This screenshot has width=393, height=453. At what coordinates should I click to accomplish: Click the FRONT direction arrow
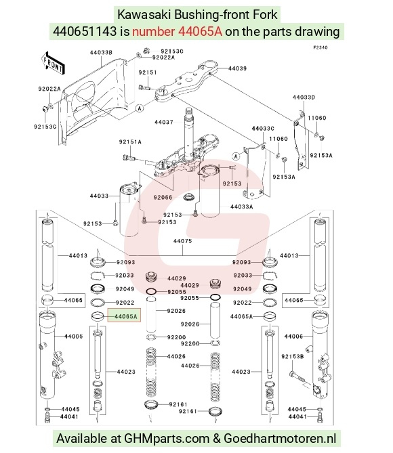coord(53,64)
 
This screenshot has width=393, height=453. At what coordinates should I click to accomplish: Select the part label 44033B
coord(101,53)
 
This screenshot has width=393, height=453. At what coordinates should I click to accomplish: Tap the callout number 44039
coord(237,68)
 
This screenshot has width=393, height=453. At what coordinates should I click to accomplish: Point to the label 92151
coord(148,72)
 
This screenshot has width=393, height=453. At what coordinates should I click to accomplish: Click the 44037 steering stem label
coord(164,122)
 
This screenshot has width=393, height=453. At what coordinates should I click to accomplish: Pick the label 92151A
coord(130,142)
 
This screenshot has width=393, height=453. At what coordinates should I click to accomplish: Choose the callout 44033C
coord(263,129)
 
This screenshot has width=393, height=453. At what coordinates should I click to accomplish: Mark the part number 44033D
coord(304,98)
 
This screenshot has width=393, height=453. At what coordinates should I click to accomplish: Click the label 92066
coord(163,198)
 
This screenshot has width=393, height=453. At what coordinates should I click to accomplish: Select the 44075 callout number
coord(182,241)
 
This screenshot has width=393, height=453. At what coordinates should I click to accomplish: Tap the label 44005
coord(73,337)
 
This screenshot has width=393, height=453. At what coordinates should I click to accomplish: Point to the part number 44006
coord(293,337)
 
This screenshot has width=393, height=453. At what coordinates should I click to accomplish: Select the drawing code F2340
coord(320,47)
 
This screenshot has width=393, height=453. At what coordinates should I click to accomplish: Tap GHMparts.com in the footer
coord(167,439)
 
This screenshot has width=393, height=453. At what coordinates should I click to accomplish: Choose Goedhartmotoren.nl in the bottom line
coord(280,439)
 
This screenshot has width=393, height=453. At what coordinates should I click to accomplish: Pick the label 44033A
coord(242,207)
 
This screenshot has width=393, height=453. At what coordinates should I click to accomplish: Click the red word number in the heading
coord(154,32)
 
